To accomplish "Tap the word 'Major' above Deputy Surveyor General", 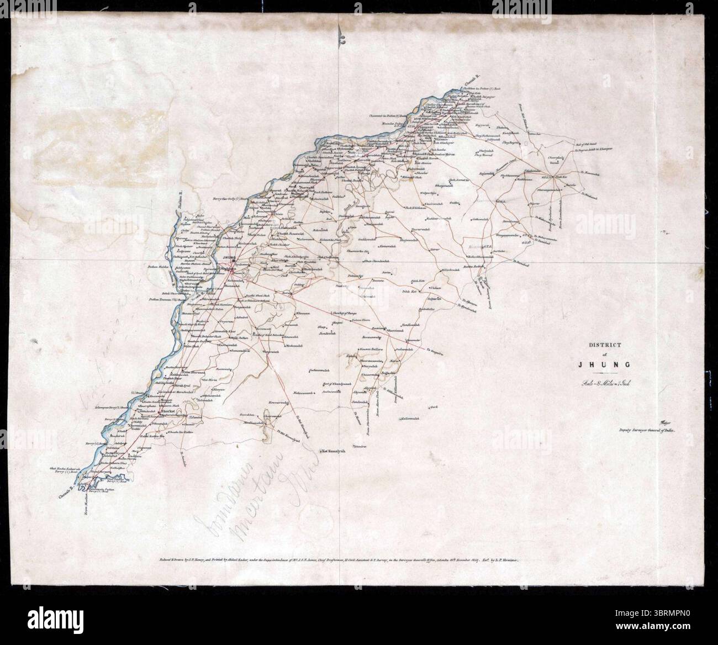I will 663,421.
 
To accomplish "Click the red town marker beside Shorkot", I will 159,412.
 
